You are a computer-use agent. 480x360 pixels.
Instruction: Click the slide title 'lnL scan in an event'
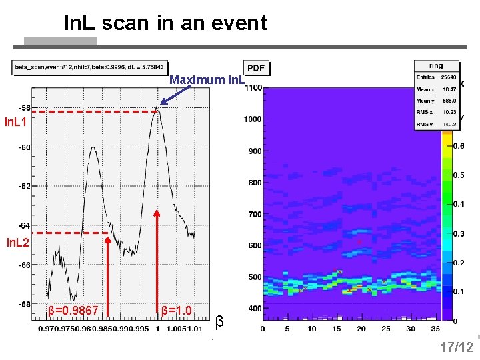tap(165, 23)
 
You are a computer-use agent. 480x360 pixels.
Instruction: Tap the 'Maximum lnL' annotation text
tap(207, 80)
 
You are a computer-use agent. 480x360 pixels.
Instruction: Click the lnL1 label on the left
tap(15, 122)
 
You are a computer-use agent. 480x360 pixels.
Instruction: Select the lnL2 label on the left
tap(17, 243)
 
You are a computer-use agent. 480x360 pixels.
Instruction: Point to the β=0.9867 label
tap(73, 311)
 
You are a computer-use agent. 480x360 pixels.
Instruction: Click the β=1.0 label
tap(177, 311)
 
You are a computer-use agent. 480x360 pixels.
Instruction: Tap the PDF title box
tap(256, 68)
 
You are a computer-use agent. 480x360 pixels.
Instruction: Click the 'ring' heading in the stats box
tap(436, 65)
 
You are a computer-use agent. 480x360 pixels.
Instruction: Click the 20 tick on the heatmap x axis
tap(361, 329)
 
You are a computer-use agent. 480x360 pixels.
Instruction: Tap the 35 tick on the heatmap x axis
tap(435, 329)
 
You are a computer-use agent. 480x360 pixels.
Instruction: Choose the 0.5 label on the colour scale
tap(459, 175)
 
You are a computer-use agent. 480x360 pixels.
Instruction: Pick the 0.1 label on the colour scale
tap(459, 291)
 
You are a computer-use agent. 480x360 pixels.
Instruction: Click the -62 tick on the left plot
tap(23, 186)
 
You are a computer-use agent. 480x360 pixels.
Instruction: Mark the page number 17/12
tap(456, 347)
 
